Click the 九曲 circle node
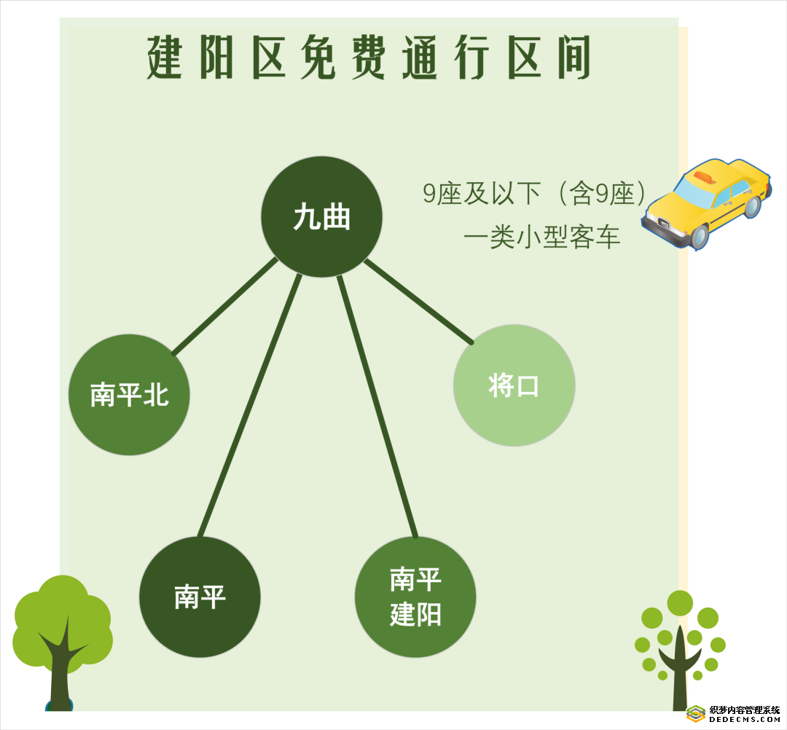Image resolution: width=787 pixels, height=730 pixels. point(322,217)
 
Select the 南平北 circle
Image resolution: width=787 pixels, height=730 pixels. point(129,395)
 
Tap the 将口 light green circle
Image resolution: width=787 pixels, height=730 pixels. point(514,385)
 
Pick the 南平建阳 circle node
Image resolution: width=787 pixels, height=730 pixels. point(415,597)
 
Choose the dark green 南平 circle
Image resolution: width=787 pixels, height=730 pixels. point(200,597)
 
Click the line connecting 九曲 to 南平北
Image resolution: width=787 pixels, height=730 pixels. point(225,306)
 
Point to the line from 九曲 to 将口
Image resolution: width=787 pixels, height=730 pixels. point(418,302)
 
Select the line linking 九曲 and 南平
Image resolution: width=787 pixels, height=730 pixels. point(250,405)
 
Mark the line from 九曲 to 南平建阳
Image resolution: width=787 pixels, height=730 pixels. point(377,407)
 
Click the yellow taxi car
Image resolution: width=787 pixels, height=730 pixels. point(706,204)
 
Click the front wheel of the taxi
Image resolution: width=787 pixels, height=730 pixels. point(698,237)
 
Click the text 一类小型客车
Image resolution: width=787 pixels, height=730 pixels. point(542,237)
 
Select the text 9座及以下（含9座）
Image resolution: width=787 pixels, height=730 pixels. point(535,193)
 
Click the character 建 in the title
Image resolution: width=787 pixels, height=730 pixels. point(164,58)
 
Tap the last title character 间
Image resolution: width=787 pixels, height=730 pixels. point(574,58)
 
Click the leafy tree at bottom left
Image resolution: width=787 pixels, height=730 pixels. point(62,643)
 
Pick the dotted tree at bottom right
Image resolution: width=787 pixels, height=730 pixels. point(680,650)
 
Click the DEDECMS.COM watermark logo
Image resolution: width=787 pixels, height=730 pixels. point(733,713)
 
